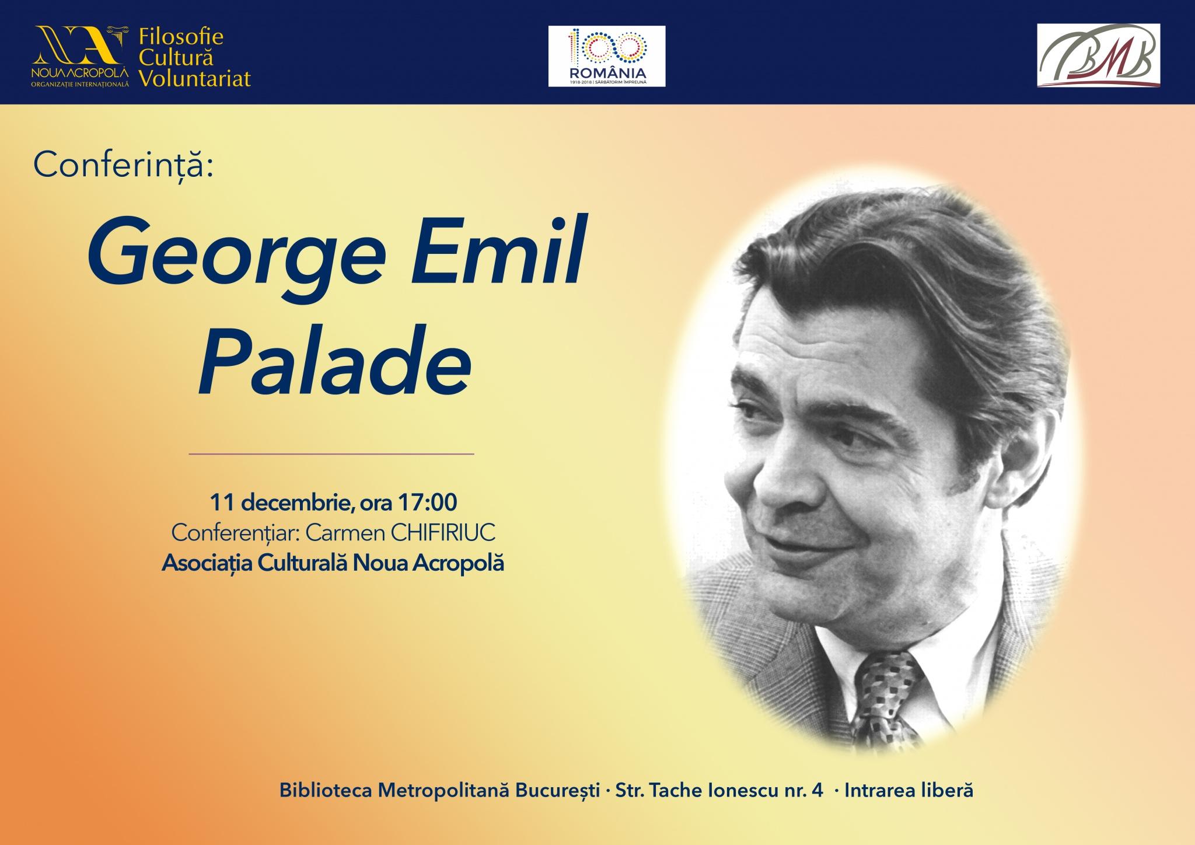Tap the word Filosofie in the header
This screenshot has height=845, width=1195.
pyautogui.click(x=181, y=38)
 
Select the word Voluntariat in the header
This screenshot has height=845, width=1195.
pyautogui.click(x=195, y=78)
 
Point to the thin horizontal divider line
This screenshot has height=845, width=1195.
pyautogui.click(x=331, y=453)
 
